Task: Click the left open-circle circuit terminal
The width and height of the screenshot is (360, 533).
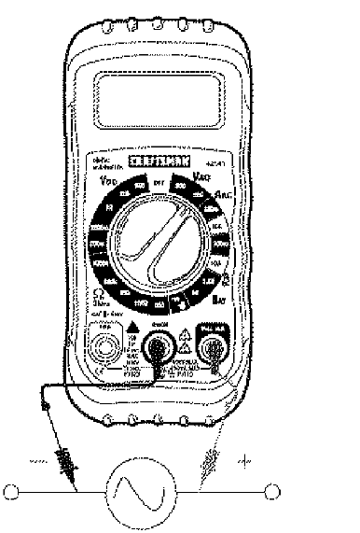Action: (11, 491)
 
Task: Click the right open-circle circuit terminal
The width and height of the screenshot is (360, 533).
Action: (273, 491)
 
